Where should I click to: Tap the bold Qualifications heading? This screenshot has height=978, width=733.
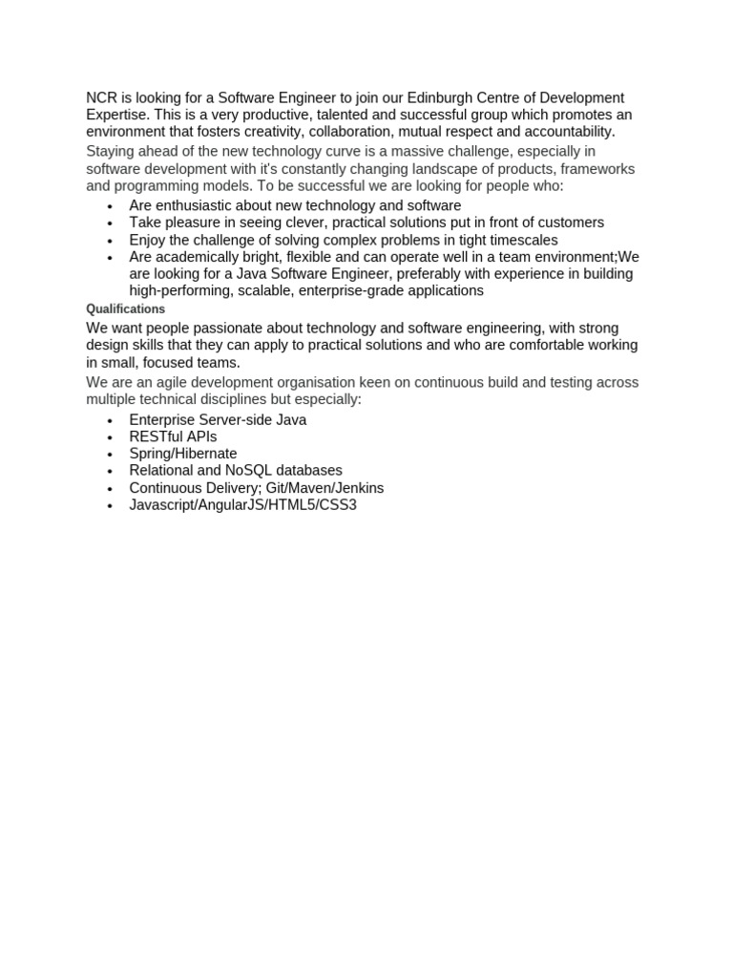(125, 309)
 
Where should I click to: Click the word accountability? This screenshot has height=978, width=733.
(560, 131)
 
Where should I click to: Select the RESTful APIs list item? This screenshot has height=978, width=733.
(173, 436)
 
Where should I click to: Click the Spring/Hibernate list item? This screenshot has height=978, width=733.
(183, 454)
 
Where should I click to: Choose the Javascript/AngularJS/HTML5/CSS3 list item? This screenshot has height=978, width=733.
(242, 504)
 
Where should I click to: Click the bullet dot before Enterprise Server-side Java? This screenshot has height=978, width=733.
(111, 420)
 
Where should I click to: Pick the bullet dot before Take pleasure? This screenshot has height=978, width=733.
(111, 223)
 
